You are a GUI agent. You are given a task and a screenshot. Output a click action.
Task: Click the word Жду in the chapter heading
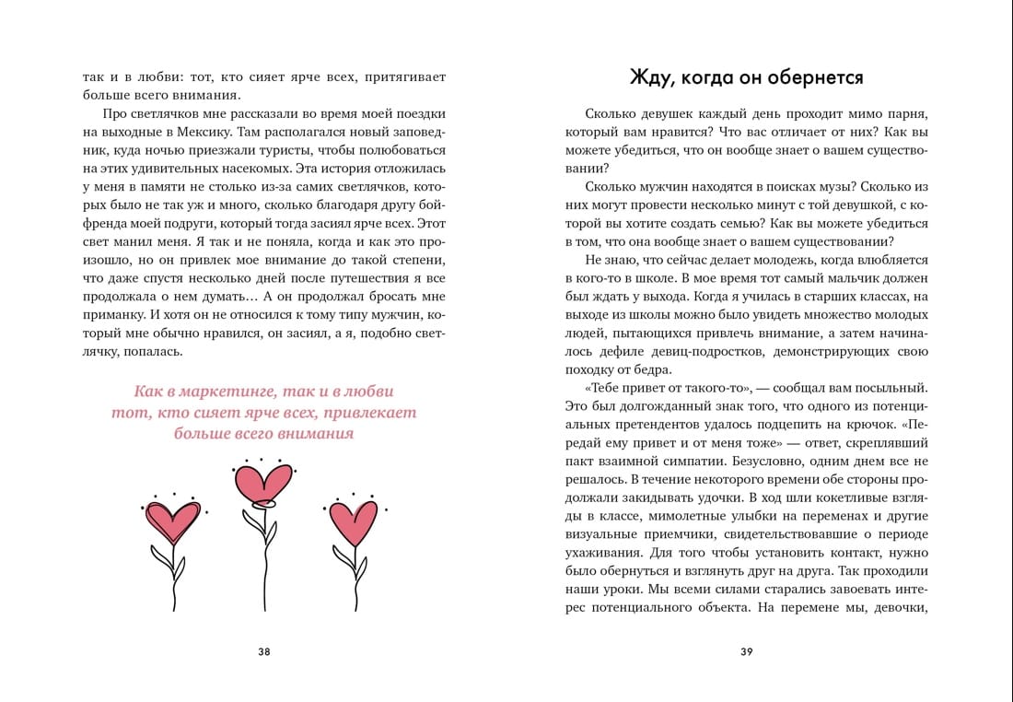tap(650, 77)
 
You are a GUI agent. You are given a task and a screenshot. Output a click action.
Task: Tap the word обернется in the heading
tap(815, 77)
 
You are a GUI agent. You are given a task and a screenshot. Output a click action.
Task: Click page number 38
tap(264, 651)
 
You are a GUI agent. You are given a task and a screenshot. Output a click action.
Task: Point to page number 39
tap(747, 651)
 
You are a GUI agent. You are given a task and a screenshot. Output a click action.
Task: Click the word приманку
tap(113, 315)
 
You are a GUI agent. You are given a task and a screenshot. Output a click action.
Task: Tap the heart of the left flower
tap(173, 521)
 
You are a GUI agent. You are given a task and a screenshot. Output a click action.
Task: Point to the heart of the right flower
tap(353, 521)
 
